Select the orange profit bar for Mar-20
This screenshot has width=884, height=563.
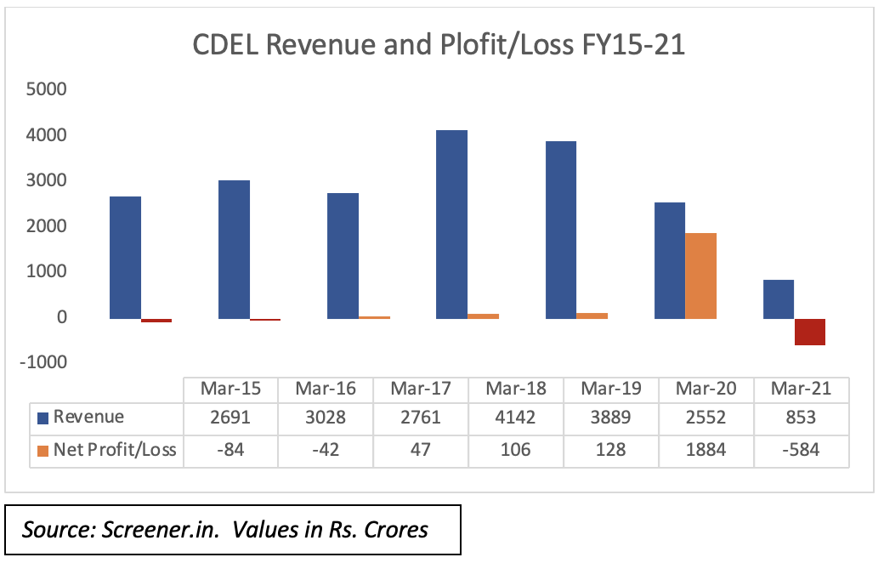700,276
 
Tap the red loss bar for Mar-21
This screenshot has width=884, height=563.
810,332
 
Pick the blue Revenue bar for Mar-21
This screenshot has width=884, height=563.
779,299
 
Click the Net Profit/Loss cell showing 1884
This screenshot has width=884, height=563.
706,449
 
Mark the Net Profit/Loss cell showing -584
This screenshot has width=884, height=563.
802,449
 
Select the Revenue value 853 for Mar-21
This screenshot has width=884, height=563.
802,418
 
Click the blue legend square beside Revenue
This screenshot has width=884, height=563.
43,418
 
